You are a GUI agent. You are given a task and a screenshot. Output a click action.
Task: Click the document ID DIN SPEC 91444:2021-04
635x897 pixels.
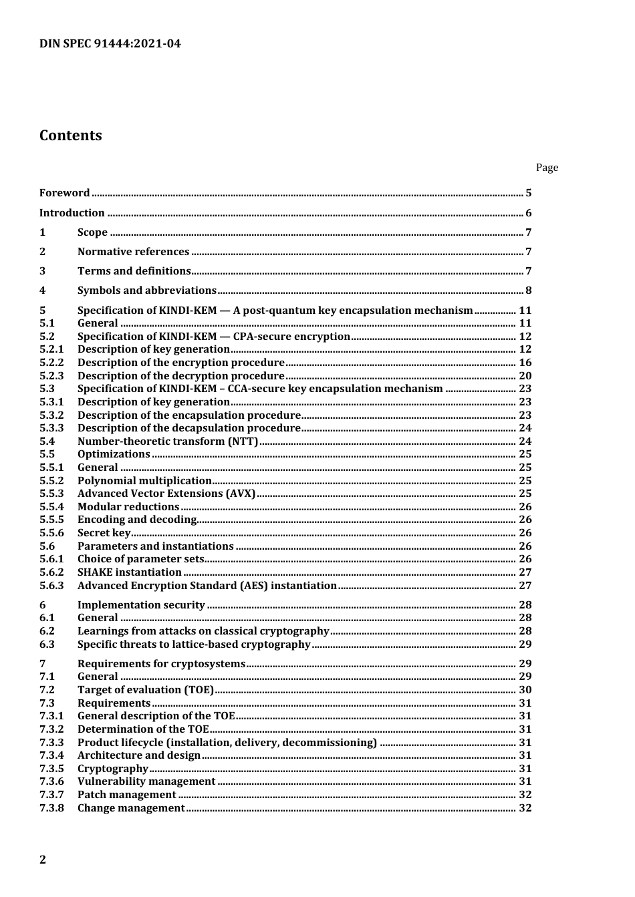click(x=110, y=44)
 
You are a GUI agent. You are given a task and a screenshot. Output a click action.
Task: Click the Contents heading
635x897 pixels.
click(x=71, y=136)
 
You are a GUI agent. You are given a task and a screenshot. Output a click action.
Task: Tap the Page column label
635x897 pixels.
click(x=546, y=168)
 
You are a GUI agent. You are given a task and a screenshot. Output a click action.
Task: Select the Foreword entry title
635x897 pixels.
click(x=64, y=193)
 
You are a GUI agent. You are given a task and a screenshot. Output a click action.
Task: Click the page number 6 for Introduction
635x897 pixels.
click(x=528, y=213)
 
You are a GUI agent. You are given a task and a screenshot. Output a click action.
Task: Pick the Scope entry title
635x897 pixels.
click(x=92, y=232)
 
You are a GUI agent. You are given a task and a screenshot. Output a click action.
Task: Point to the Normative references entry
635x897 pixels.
click(x=133, y=252)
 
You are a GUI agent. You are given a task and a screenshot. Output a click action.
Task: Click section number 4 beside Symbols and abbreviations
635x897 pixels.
click(x=43, y=291)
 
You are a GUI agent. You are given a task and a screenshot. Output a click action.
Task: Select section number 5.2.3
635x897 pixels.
click(x=51, y=376)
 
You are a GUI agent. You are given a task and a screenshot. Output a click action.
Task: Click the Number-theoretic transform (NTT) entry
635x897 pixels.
click(x=167, y=441)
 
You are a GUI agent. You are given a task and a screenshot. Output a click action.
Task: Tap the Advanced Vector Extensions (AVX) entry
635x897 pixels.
click(x=166, y=494)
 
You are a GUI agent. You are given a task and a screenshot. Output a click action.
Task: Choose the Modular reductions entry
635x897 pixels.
click(x=128, y=507)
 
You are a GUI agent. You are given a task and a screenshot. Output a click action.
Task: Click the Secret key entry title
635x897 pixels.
click(x=104, y=533)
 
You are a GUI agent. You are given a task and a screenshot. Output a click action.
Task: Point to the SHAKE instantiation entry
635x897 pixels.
click(x=129, y=572)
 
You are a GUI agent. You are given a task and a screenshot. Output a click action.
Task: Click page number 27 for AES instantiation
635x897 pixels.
click(x=525, y=586)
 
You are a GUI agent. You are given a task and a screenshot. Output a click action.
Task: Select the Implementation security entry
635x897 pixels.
click(x=141, y=605)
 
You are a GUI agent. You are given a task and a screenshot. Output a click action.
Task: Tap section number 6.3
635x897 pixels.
click(x=47, y=645)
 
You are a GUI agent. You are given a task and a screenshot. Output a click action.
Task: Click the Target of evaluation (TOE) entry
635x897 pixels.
click(x=145, y=690)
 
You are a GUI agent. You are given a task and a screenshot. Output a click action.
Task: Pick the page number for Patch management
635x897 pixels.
click(x=525, y=795)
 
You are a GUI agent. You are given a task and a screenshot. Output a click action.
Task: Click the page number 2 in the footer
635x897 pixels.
click(x=43, y=860)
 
